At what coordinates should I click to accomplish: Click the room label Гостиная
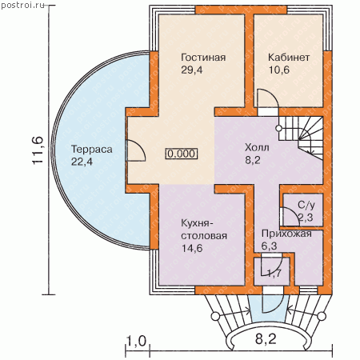point(203,58)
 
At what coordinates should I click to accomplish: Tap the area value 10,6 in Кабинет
point(278,70)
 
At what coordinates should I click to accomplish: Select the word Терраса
point(92,150)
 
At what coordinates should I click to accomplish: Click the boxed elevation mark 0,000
point(182,154)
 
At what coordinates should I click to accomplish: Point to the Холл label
point(257,147)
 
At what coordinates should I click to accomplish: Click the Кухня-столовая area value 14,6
point(192,248)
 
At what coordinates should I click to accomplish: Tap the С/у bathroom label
point(306,205)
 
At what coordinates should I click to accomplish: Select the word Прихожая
point(286,234)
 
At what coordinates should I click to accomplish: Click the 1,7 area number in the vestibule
point(274,273)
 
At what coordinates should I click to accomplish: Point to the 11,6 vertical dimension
point(38,150)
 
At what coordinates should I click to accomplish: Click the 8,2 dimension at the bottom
point(266,339)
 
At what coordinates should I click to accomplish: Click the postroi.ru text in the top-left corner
point(22,6)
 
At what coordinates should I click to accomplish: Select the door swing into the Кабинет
point(268,98)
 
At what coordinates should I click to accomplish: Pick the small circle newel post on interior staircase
point(278,129)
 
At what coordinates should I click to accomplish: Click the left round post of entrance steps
point(215,317)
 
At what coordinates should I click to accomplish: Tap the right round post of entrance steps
point(322,316)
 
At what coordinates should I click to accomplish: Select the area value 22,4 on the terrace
point(82,162)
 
